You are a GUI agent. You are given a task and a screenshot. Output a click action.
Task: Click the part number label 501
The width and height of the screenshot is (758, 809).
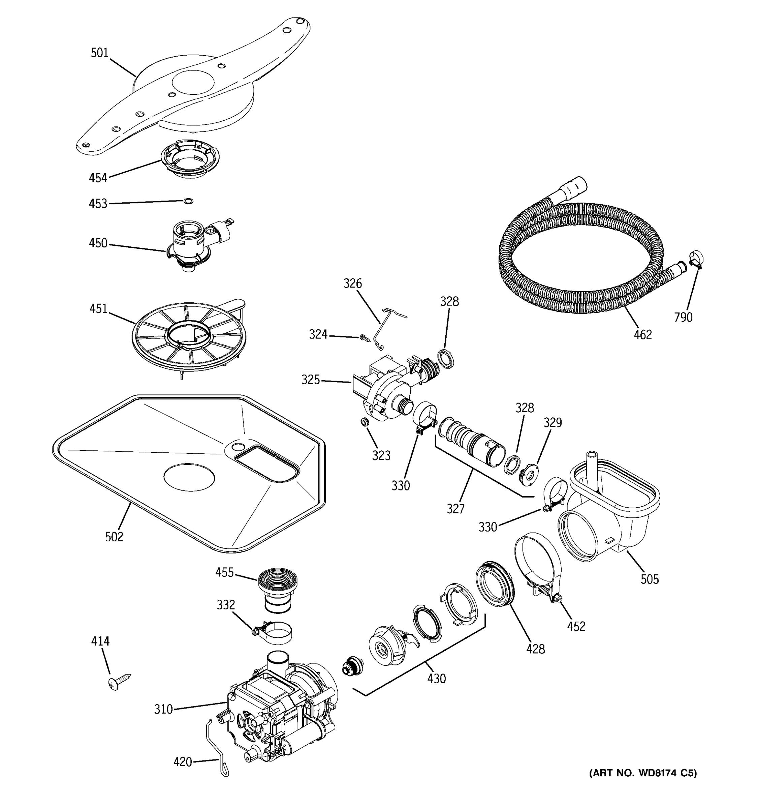(x=99, y=53)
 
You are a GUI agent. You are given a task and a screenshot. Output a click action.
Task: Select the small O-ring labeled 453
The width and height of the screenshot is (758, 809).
(x=188, y=201)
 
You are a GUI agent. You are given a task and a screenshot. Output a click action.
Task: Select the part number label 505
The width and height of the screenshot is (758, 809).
(x=650, y=579)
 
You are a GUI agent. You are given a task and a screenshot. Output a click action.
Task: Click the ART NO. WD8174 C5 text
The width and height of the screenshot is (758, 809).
(x=643, y=773)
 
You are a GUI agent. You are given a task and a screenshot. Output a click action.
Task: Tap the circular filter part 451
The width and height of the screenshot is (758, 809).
(x=189, y=336)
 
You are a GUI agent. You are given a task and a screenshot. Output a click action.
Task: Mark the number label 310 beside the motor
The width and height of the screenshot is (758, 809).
(x=163, y=709)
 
